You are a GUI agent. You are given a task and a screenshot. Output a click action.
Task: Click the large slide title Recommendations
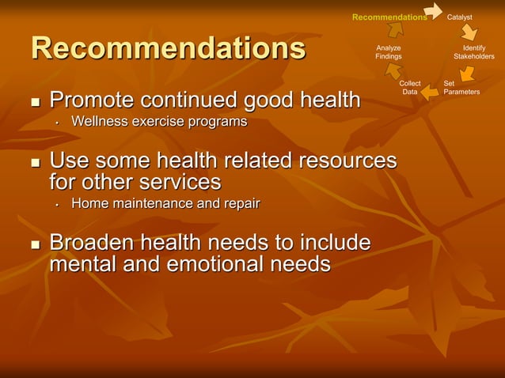tap(168, 48)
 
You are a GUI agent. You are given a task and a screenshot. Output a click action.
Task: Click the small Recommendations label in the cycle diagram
tap(389, 17)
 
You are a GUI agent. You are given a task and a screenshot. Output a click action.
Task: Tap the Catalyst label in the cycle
tap(460, 17)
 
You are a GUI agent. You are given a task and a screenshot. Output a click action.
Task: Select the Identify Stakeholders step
tap(473, 52)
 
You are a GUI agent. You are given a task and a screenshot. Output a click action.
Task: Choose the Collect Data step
tap(410, 87)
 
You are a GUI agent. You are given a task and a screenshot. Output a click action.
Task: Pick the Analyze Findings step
tap(388, 52)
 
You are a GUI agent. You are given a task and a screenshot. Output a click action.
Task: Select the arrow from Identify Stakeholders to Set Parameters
tap(467, 74)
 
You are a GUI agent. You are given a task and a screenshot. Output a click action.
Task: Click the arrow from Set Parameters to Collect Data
tap(430, 92)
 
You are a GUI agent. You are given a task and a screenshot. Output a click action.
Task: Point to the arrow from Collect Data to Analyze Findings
tap(393, 72)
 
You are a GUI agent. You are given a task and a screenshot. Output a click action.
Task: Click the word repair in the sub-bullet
tap(241, 203)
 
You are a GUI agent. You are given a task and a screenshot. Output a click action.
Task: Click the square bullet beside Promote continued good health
tap(34, 103)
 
